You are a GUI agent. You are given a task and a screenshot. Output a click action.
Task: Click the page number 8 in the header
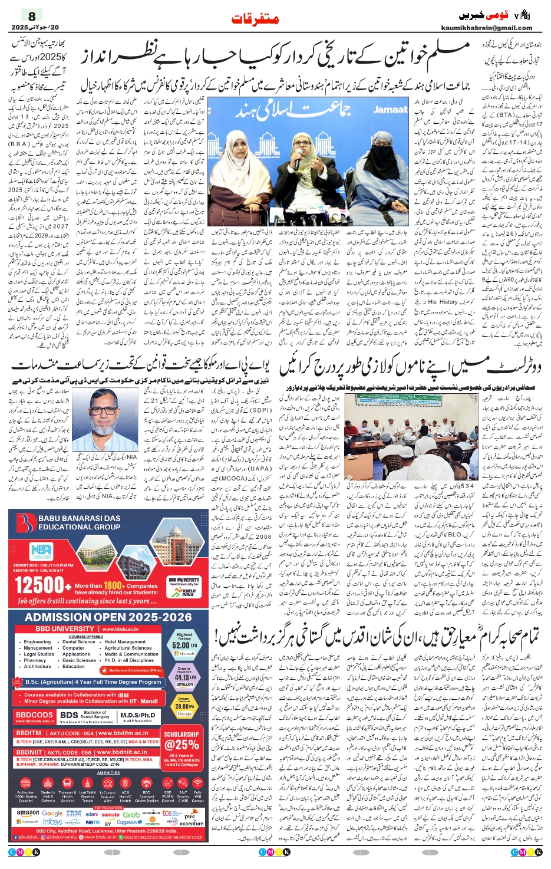pos(32,16)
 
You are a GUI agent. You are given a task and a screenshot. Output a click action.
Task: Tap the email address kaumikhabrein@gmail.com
pos(486,28)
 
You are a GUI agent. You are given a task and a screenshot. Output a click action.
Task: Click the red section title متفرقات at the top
pos(255,19)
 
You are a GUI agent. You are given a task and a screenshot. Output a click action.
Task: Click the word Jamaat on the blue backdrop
pos(391,110)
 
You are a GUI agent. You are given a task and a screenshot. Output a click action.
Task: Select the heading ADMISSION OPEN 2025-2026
pos(108,617)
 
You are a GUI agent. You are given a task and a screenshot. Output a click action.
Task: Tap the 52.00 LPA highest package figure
pos(184,644)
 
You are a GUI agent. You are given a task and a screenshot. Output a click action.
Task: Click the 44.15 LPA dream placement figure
pos(184,677)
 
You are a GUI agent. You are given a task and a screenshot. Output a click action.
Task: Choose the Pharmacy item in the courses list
pos(35,660)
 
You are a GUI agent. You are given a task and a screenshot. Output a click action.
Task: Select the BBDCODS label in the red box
pos(35,715)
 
